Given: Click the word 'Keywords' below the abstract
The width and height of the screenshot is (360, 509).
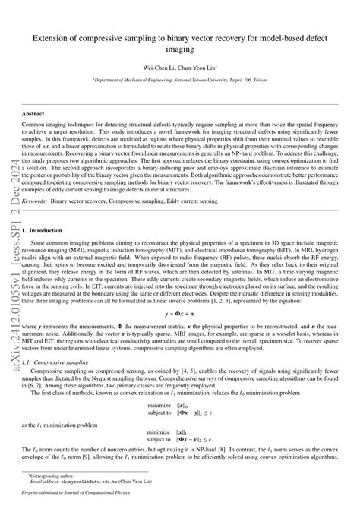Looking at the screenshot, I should coord(39,201).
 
